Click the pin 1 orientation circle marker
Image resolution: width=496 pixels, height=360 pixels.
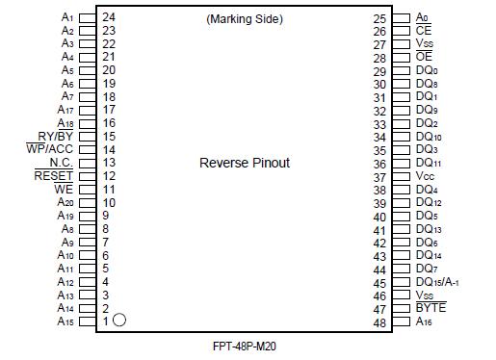point(120,321)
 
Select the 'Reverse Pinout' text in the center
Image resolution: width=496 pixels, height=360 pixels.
point(245,164)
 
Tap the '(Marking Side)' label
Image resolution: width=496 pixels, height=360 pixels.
point(246,18)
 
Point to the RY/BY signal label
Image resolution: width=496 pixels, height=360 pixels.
point(56,137)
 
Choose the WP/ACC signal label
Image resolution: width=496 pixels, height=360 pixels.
point(50,150)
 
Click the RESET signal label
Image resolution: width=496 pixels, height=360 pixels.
point(54,176)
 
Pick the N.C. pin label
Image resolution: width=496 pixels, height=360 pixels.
point(61,163)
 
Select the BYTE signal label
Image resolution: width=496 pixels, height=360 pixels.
point(431,308)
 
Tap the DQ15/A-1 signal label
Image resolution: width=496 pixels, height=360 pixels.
point(436,282)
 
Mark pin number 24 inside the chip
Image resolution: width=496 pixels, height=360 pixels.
point(109,17)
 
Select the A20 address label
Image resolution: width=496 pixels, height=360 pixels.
point(65,203)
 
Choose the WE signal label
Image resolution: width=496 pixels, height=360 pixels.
point(64,190)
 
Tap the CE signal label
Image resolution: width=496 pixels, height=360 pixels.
point(424,31)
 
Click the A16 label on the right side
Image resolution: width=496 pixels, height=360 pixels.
point(425,321)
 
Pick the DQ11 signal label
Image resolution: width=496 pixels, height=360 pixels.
point(429,164)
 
